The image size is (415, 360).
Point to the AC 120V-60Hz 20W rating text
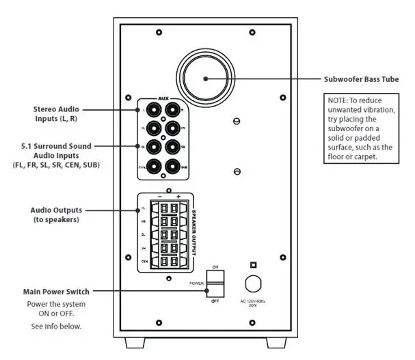[254, 304]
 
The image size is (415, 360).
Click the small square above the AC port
[253, 264]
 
